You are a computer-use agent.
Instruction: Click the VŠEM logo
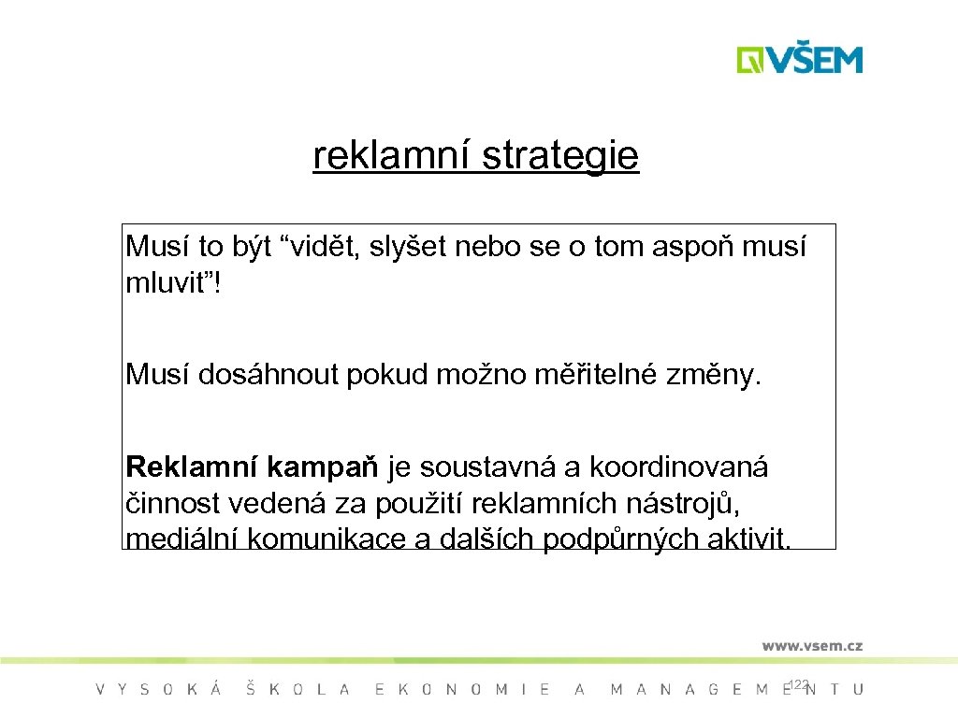point(799,59)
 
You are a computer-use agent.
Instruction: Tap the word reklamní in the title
point(394,157)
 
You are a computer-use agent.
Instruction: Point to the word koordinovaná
point(678,466)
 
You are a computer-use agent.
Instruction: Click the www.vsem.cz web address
point(812,646)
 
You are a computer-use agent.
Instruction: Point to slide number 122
point(798,685)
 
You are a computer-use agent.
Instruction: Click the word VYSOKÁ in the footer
point(159,690)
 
